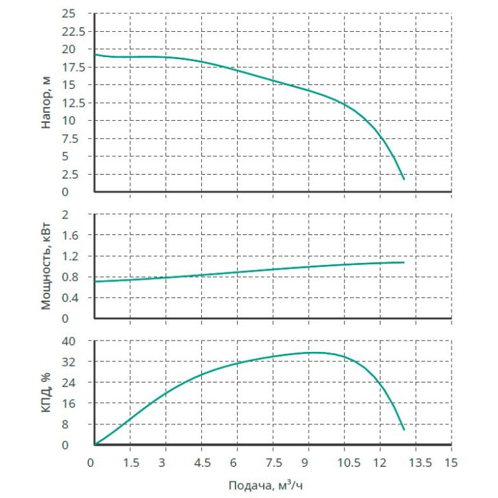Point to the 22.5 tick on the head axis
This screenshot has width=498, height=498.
point(74,31)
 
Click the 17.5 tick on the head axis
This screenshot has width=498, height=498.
point(74,67)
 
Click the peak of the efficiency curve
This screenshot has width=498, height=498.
point(313,353)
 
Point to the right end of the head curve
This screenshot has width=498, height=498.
point(404,179)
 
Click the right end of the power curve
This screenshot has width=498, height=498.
point(404,262)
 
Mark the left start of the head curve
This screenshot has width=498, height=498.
point(95,54)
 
